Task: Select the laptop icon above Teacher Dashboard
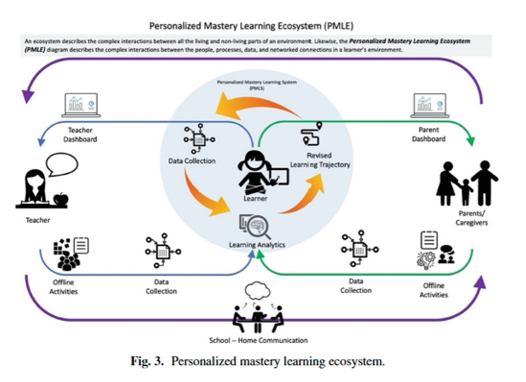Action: coord(81,105)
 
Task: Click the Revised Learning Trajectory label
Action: coord(319,160)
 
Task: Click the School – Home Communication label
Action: coord(259,340)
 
